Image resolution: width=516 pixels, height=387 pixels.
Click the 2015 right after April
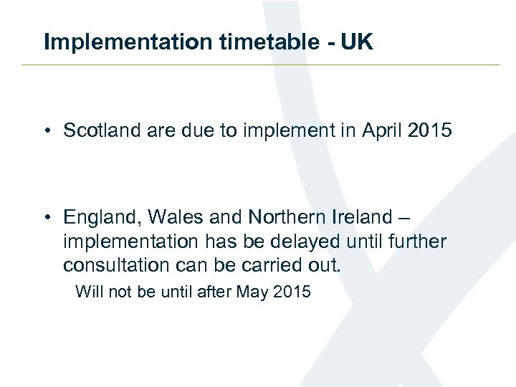pos(430,130)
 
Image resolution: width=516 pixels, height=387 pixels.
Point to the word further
pos(419,241)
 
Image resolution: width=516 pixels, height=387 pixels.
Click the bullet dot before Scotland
pos(47,131)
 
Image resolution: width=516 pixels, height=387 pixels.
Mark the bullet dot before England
pos(47,217)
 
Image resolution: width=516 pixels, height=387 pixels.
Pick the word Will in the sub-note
pos(87,292)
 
